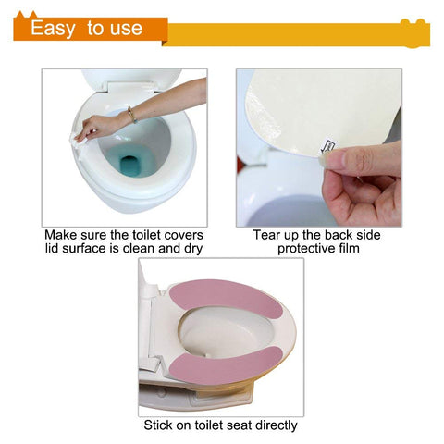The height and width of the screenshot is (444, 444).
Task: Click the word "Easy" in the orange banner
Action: point(53,29)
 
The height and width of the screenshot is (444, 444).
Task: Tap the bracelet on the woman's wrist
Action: point(132,115)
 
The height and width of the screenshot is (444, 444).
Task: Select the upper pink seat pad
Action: point(226,299)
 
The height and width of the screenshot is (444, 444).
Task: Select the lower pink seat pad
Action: point(226,365)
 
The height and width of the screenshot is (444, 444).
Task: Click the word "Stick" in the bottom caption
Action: point(158,425)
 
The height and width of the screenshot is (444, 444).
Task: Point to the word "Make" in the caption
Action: point(61,235)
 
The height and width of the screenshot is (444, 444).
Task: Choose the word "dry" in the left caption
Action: point(193,249)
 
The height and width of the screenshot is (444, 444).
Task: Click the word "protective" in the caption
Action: point(304,249)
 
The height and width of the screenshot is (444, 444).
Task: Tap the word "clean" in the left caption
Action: point(140,248)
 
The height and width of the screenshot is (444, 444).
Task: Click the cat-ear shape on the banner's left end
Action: point(27,15)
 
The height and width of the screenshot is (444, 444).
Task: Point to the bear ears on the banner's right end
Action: point(413,23)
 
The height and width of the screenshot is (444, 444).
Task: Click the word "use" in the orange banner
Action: point(126,30)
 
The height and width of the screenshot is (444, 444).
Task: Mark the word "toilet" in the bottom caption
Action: point(209,425)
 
